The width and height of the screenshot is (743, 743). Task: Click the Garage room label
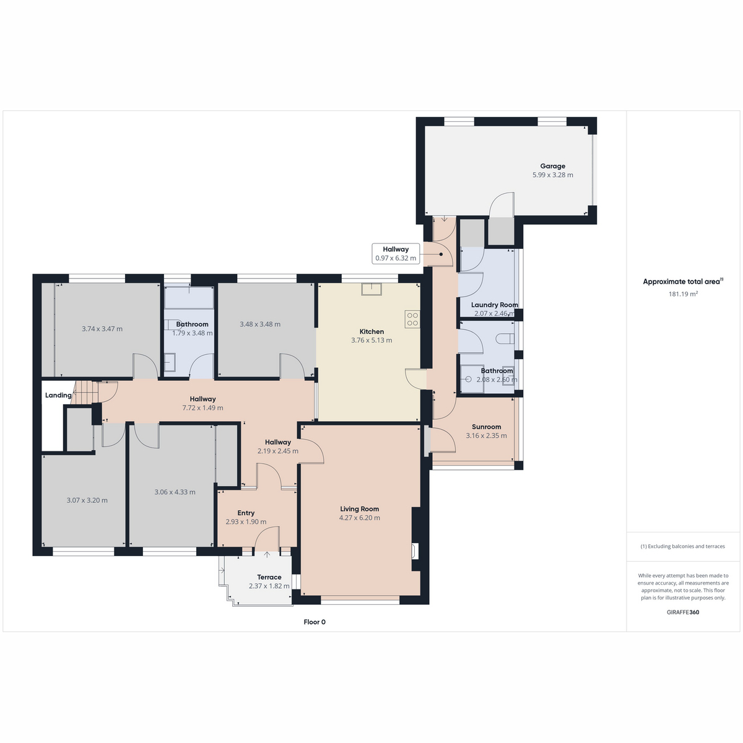[552, 166]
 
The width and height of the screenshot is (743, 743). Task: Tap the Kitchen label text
[371, 332]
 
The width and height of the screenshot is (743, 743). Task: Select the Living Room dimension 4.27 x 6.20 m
[359, 518]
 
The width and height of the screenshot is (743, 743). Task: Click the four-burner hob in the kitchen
[412, 319]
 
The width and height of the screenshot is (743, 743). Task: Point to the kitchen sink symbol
[371, 289]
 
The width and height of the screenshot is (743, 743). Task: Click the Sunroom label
[486, 427]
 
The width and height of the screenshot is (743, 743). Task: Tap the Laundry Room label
[494, 305]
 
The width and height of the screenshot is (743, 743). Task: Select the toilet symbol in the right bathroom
[505, 339]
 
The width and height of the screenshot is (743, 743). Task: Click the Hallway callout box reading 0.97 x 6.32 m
[396, 254]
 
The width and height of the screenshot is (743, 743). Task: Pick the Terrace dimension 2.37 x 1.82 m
[269, 586]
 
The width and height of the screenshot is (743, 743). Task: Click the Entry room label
[246, 513]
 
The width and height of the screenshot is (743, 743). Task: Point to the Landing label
[58, 395]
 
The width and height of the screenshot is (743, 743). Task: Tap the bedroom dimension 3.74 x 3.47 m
[102, 329]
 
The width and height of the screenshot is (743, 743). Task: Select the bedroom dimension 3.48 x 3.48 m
[260, 324]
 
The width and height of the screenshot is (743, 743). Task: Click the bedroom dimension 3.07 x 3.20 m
[87, 500]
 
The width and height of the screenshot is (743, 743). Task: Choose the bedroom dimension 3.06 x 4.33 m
[175, 492]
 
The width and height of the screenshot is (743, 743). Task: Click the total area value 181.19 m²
[683, 294]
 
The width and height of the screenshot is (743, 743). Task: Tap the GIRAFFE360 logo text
[683, 612]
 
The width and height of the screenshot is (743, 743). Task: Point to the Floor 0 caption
[315, 622]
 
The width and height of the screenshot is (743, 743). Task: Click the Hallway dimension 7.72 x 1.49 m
[202, 407]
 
